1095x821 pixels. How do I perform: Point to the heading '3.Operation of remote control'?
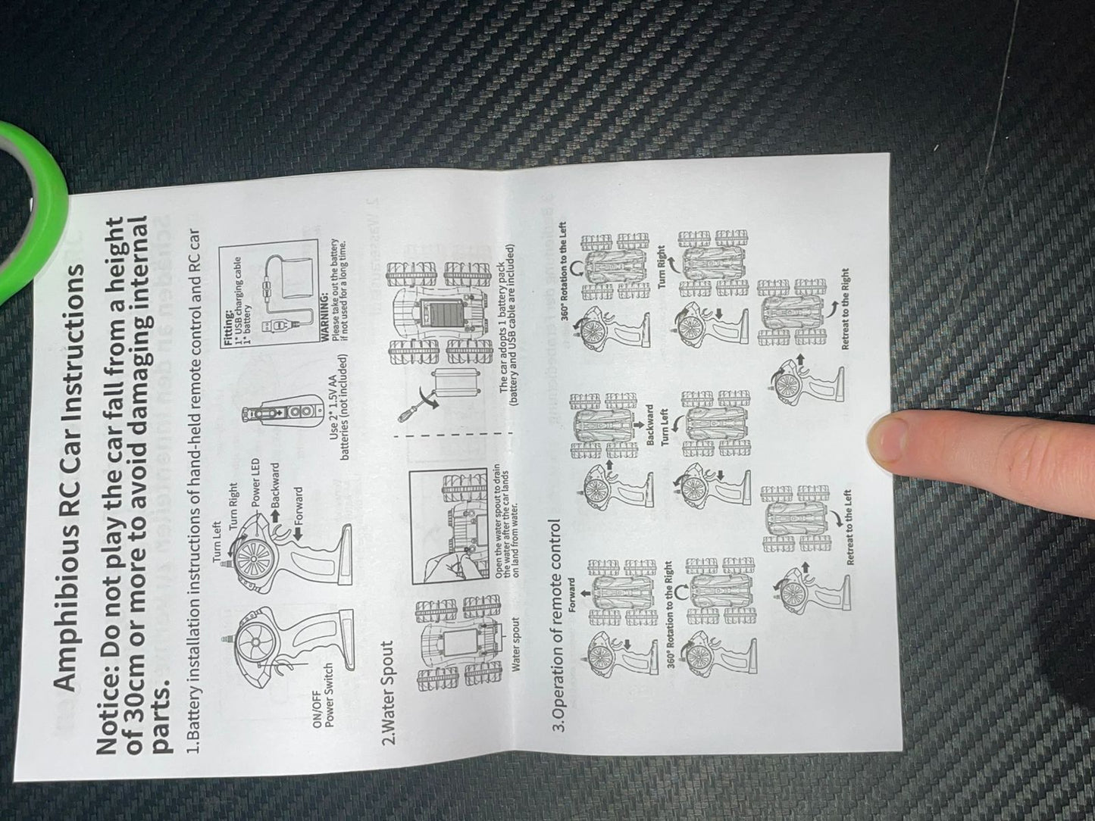point(559,625)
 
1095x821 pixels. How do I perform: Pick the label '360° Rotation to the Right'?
point(670,613)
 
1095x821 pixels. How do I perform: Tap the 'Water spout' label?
point(516,644)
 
